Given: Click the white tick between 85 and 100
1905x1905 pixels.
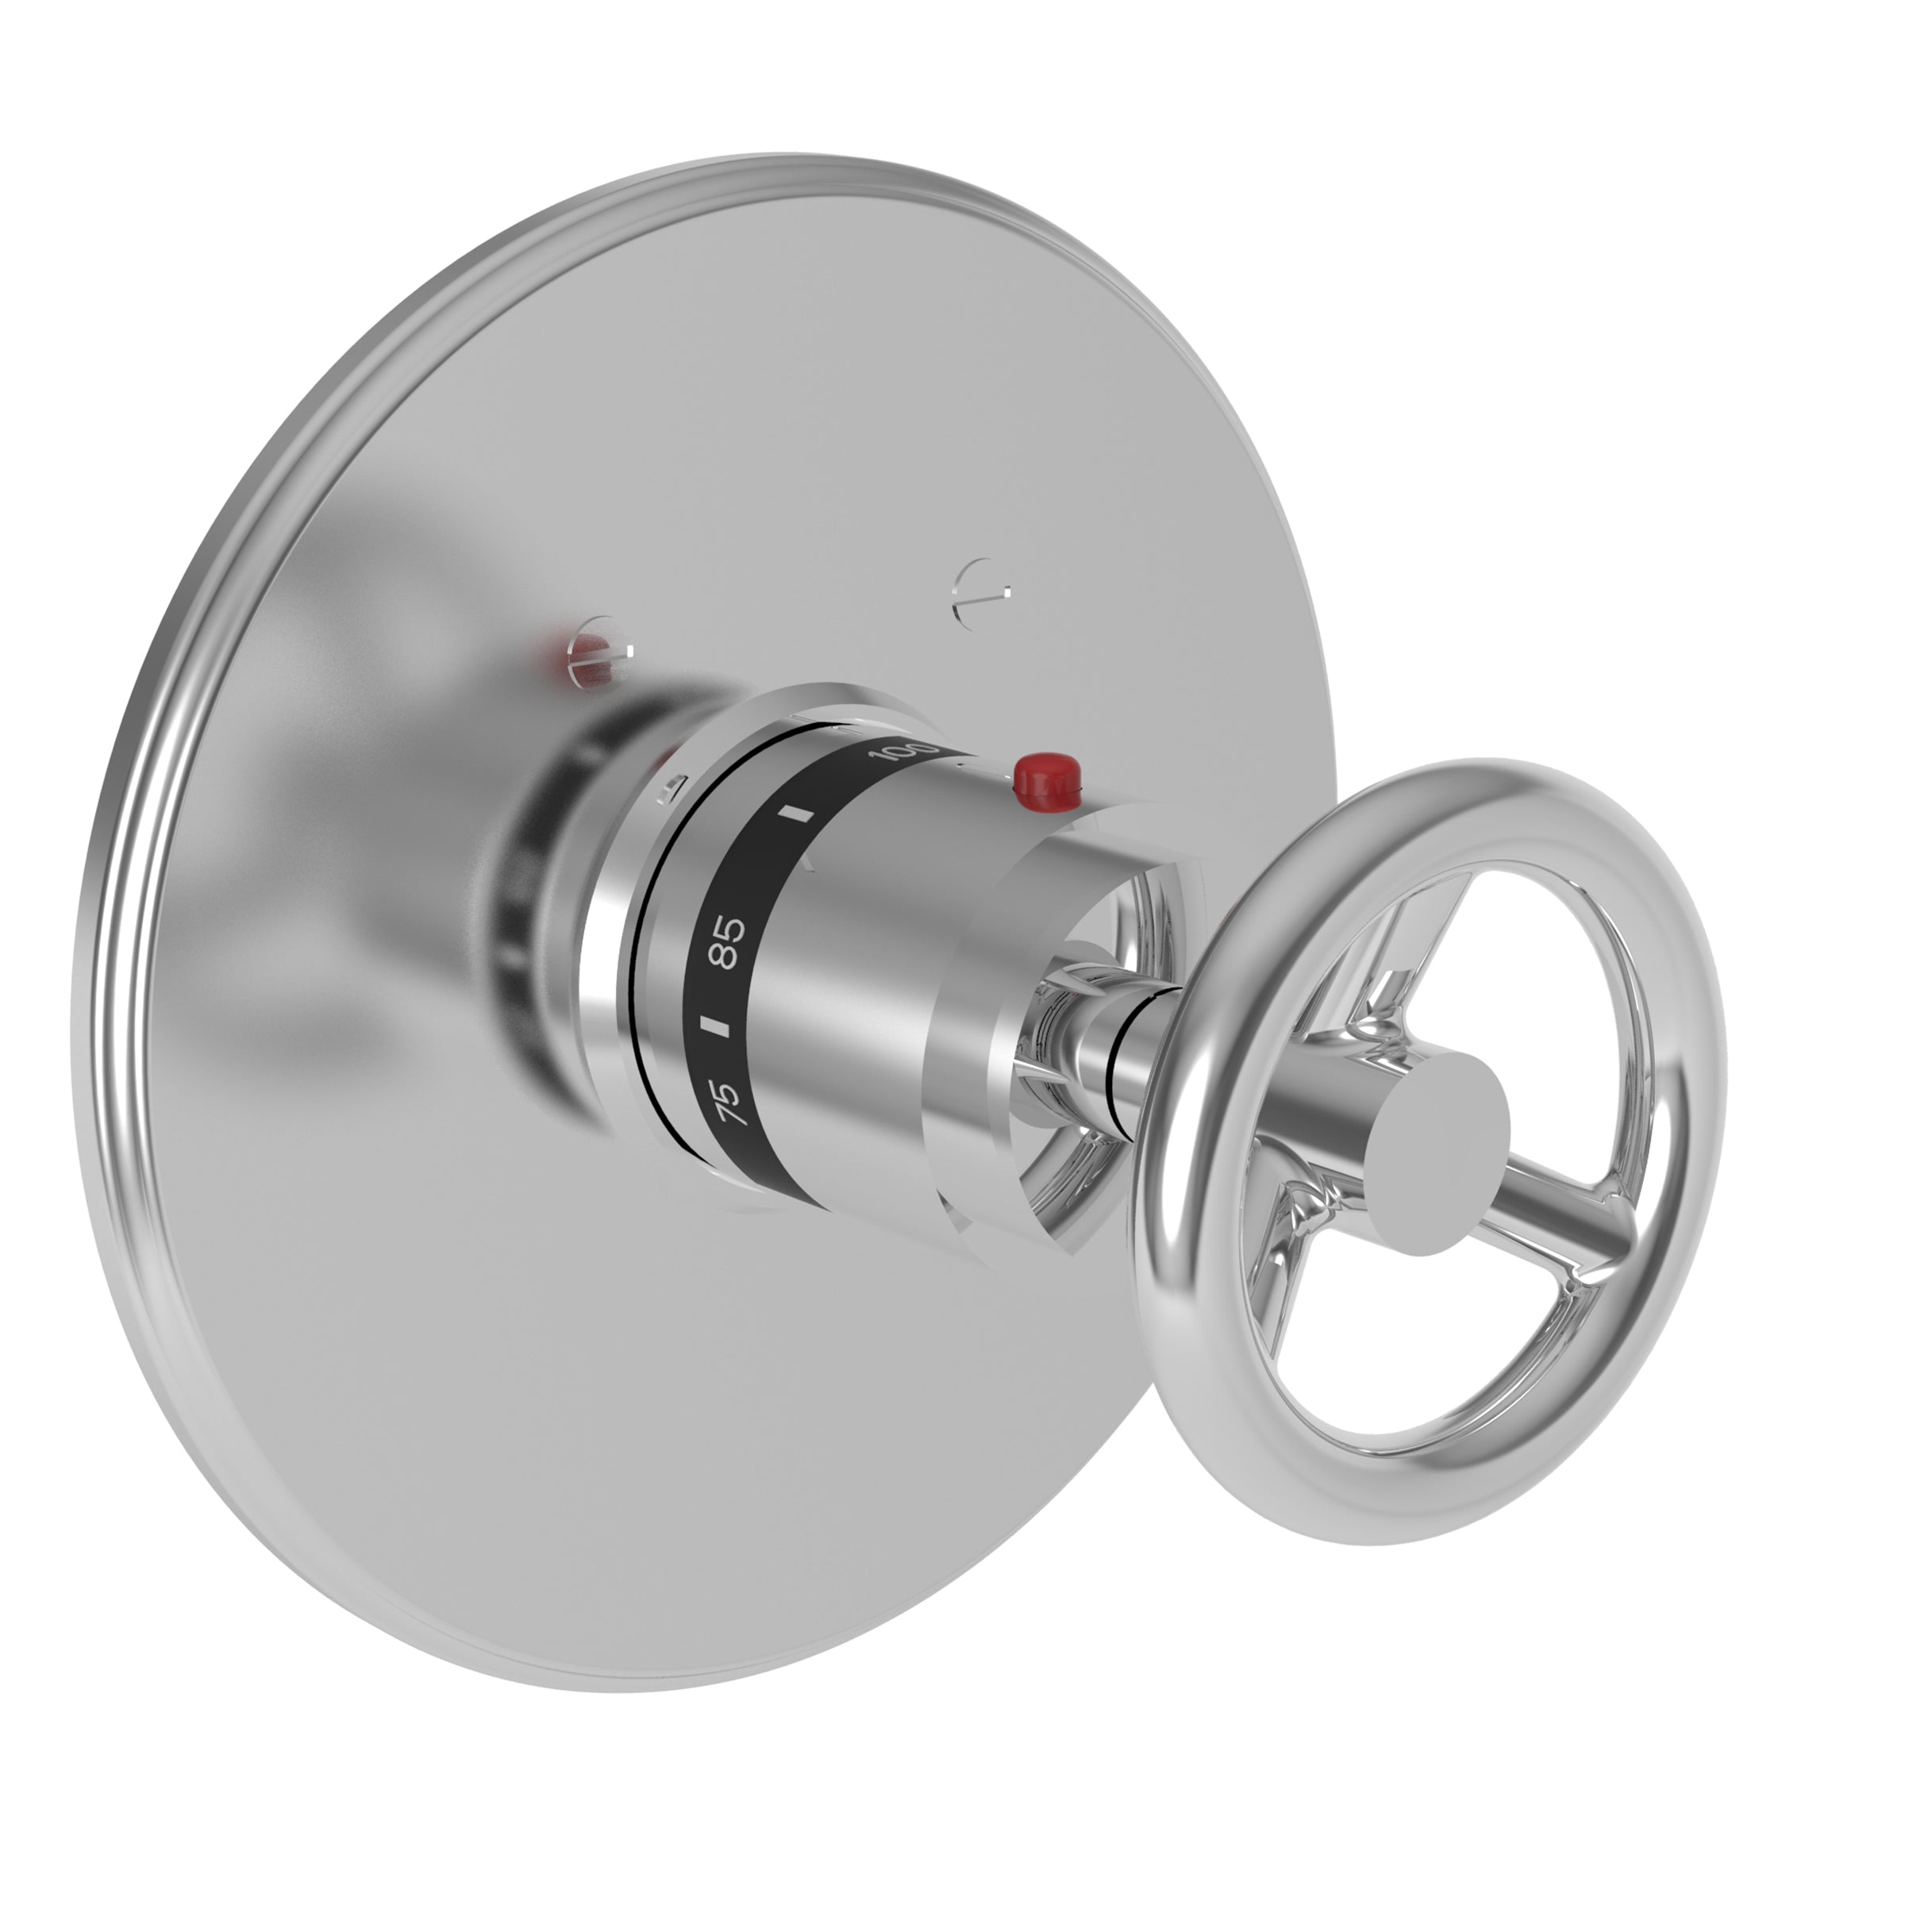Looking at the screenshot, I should pyautogui.click(x=795, y=817).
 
